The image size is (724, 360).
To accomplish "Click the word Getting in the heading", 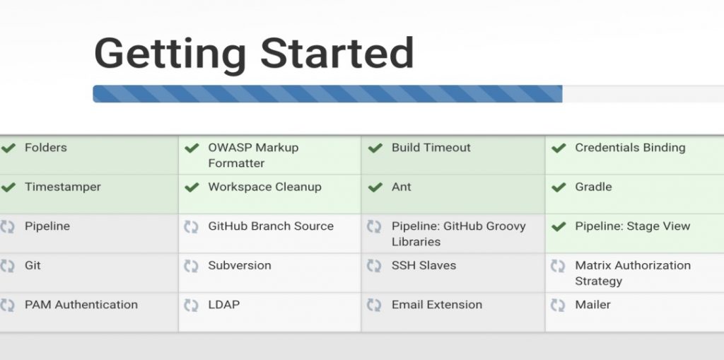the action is (x=170, y=55).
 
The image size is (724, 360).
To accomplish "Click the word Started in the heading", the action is (x=337, y=52).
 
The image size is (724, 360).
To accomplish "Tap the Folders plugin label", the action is (x=46, y=147).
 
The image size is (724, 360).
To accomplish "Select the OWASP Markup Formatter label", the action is (x=253, y=156).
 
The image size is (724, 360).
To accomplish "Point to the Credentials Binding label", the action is (x=630, y=148).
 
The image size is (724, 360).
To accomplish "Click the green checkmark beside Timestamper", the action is (x=8, y=187).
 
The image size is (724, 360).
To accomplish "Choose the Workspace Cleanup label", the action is (x=264, y=187).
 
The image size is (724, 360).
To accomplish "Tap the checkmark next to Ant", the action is (x=375, y=187).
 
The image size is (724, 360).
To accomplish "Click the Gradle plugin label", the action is (x=593, y=187).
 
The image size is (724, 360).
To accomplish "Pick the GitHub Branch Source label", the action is (x=271, y=226).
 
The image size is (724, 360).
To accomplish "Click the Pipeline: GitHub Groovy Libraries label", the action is (x=458, y=234).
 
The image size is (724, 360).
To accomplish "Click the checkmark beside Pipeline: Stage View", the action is (x=559, y=226).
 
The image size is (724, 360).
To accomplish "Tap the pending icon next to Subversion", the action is (x=191, y=266).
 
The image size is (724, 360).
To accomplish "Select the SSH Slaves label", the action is (x=424, y=265).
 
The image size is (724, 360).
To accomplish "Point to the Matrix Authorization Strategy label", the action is (x=633, y=273).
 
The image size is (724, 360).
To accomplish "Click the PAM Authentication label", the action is (x=81, y=305).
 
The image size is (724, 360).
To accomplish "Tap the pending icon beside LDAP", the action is (x=191, y=305).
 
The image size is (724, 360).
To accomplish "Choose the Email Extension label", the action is (x=437, y=305).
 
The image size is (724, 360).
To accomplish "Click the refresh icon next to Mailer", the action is (x=558, y=305).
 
